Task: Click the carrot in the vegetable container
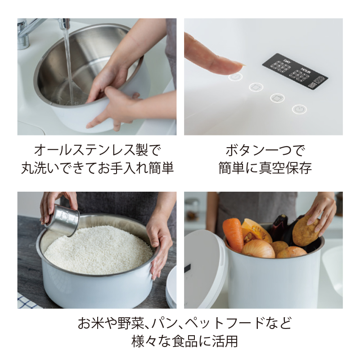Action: pos(232,234)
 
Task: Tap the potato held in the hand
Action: pos(306,232)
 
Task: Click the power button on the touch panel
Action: pos(299,109)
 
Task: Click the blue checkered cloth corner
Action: pos(27,301)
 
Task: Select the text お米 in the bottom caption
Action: pos(91,323)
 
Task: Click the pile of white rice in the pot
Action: pos(99,251)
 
